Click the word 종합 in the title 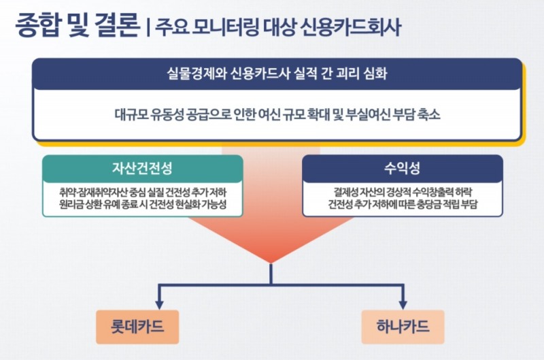pos(37,25)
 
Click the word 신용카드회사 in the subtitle pos(355,27)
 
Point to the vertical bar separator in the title pos(147,27)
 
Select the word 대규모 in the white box pos(130,114)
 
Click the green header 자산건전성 pos(142,168)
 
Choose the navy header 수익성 pos(402,168)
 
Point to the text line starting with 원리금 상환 pos(142,204)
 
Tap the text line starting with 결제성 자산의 pos(402,191)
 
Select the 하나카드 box pos(403,326)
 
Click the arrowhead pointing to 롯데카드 pos(158,303)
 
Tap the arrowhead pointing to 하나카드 pos(403,303)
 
